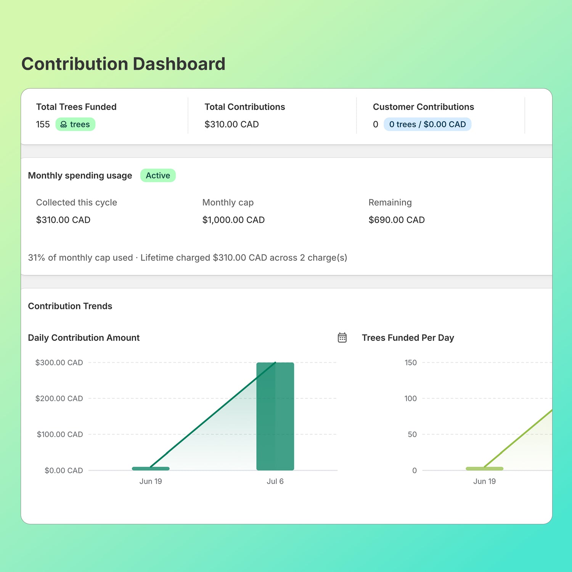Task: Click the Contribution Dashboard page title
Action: [123, 64]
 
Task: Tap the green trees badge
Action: [76, 124]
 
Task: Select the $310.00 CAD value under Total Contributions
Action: [231, 124]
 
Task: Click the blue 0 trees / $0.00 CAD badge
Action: [427, 124]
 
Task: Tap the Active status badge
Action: [158, 175]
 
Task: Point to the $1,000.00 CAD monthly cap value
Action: [233, 220]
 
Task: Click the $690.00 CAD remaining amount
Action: [397, 220]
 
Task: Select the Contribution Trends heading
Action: [70, 306]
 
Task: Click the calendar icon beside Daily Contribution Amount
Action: [342, 337]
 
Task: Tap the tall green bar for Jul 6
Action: [275, 416]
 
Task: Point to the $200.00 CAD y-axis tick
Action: [59, 398]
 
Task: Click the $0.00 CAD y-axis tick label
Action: [64, 471]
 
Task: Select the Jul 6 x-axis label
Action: [275, 481]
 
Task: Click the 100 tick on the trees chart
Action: [411, 398]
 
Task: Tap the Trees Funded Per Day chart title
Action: [408, 338]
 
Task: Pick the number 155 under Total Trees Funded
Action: [43, 124]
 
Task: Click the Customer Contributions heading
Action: [423, 107]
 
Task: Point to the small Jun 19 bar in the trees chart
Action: [485, 469]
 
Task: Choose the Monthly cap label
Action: [228, 202]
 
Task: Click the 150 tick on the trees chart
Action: [411, 363]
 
